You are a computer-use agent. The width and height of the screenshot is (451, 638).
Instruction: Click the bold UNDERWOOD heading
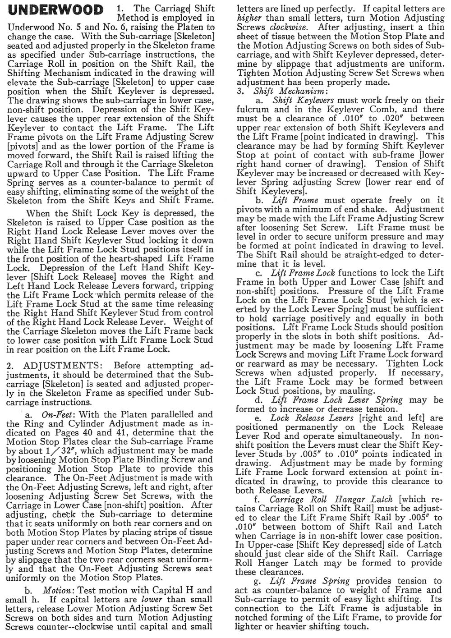coord(55,10)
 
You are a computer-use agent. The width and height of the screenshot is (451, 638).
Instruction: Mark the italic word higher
coord(249,18)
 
